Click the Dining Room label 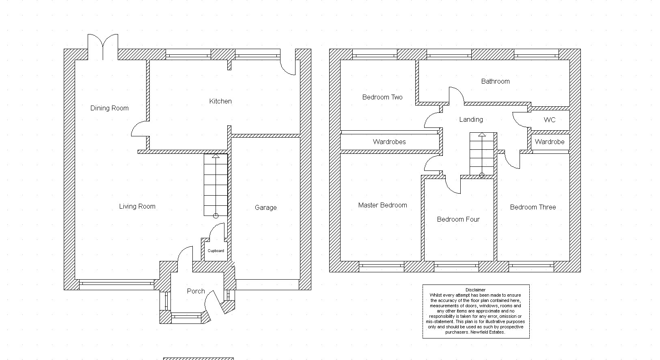pos(109,108)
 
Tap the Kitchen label pos(220,101)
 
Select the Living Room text pos(137,207)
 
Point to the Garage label pos(265,208)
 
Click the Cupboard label pos(216,251)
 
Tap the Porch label pos(196,291)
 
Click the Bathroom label pos(495,81)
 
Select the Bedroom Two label pos(382,97)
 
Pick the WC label pos(550,120)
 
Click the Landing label pos(471,120)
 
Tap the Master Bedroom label pos(382,205)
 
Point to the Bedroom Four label pos(458,219)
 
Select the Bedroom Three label pos(533,207)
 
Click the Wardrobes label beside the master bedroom pos(389,142)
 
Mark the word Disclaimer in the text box pos(475,290)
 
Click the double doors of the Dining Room pos(103,47)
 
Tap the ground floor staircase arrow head pos(216,156)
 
